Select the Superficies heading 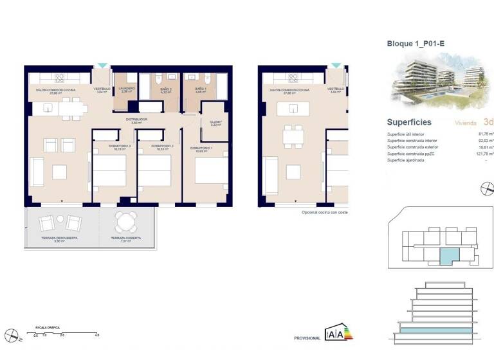409,122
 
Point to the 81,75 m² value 485,134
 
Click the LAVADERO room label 127,89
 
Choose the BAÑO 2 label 166,89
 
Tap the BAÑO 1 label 200,89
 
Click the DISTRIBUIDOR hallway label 136,120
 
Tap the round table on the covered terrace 126,222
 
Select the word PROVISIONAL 307,337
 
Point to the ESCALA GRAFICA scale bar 65,332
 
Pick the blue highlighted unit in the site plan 446,256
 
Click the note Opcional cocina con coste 324,212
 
